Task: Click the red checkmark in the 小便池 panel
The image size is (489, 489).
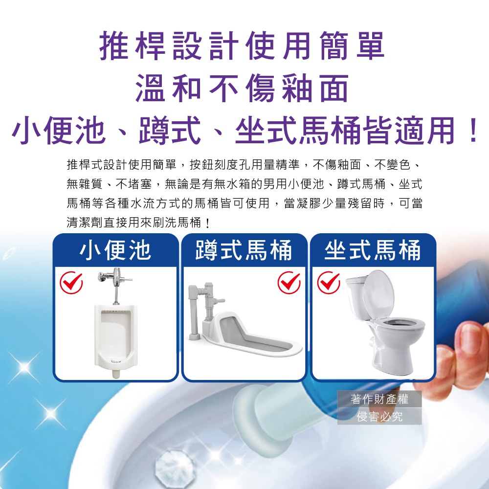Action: pos(71,283)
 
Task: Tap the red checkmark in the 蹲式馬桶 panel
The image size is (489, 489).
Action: pos(289,283)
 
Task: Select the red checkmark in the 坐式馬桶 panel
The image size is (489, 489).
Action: pos(329,283)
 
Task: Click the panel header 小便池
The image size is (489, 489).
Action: pos(116,250)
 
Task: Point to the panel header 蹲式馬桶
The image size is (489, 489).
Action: pos(244,250)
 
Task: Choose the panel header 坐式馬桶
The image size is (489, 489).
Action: pos(373,250)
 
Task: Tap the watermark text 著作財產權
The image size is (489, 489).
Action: pos(379,399)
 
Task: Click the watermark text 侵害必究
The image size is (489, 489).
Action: pos(379,416)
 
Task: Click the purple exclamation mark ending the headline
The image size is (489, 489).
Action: pos(473,131)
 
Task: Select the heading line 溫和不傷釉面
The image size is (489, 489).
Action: pos(243,89)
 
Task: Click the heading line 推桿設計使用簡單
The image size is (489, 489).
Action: pos(242,46)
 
